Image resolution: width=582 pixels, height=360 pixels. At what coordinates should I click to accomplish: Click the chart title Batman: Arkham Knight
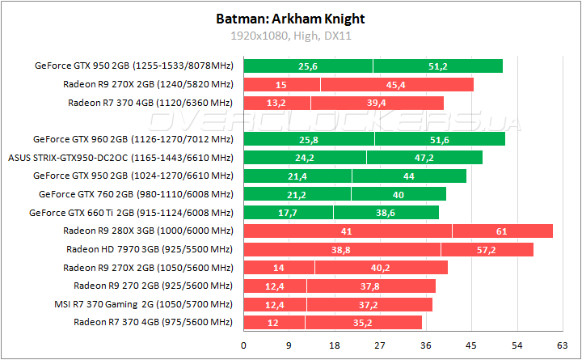[289, 18]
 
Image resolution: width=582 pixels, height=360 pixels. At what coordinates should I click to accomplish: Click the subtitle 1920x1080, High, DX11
[289, 36]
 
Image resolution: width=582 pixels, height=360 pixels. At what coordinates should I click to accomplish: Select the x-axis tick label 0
[243, 344]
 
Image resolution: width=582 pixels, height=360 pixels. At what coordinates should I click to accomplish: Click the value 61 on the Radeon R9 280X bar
[502, 231]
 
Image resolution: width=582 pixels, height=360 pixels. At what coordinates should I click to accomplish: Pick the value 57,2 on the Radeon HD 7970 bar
[486, 249]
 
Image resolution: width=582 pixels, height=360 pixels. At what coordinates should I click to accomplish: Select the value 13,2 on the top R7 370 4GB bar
[276, 103]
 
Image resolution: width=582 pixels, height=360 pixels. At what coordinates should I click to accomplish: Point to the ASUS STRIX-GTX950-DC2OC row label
[120, 158]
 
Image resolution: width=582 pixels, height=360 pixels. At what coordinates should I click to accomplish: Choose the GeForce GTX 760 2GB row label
[136, 194]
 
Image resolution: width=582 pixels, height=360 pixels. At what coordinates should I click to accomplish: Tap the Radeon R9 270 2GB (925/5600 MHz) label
[153, 286]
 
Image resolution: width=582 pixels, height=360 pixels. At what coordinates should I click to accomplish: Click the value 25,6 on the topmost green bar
[307, 66]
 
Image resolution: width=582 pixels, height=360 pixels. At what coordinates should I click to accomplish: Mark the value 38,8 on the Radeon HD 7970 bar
[340, 249]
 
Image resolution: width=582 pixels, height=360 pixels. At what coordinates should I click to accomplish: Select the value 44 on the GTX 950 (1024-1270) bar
[408, 176]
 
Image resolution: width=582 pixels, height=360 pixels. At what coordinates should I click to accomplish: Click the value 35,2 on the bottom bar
[362, 323]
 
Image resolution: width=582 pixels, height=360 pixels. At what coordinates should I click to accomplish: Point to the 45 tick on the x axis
[465, 344]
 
